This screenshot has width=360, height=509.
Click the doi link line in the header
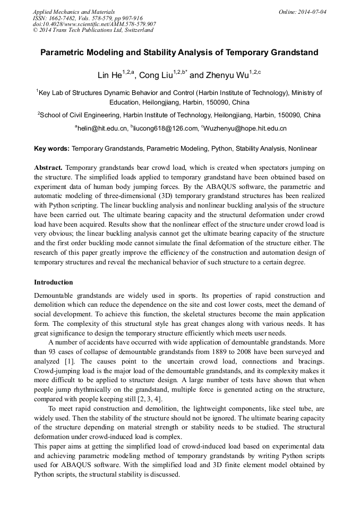tap(94, 24)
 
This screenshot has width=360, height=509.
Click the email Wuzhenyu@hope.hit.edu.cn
tap(245, 128)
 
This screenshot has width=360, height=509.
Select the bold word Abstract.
tap(48, 167)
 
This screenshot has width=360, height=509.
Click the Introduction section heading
tap(54, 282)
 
